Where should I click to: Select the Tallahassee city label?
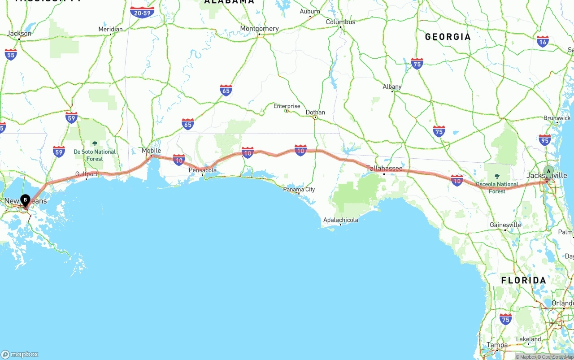[x=384, y=168]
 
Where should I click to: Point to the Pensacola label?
[x=202, y=170]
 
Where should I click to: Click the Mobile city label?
[x=151, y=151]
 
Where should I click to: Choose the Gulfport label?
[x=87, y=173]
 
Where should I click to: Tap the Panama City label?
[x=299, y=189]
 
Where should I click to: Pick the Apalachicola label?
[x=340, y=220]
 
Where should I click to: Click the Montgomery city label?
[x=259, y=28]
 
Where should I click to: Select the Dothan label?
[x=315, y=112]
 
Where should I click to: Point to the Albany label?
[x=392, y=87]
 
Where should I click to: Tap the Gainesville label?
[x=505, y=225]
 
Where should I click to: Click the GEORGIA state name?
[x=448, y=37]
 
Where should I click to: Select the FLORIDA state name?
[x=523, y=280]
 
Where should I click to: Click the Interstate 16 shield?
[x=543, y=42]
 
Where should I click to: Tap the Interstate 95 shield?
[x=545, y=140]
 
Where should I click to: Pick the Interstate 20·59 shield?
[x=142, y=12]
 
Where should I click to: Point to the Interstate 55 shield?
[x=11, y=55]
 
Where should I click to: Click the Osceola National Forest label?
[x=497, y=187]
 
